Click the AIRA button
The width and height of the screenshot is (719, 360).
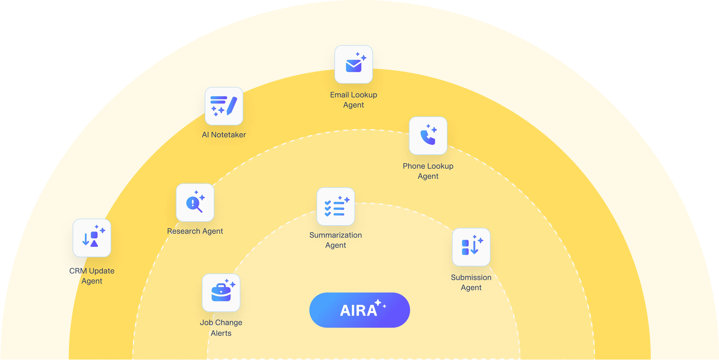[x=359, y=310]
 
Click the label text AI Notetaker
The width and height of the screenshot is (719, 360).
[x=224, y=135]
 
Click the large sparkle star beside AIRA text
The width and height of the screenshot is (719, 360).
[x=378, y=302]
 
